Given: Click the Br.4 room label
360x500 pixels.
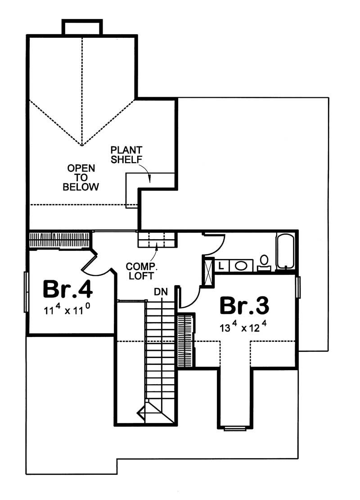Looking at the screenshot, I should pyautogui.click(x=67, y=290).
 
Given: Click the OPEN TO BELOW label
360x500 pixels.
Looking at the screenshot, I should pyautogui.click(x=81, y=177).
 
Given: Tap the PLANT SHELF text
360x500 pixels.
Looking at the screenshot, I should pyautogui.click(x=126, y=155).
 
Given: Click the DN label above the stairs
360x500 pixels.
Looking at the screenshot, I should pyautogui.click(x=161, y=292).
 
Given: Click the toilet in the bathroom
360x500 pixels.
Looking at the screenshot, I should pyautogui.click(x=264, y=263).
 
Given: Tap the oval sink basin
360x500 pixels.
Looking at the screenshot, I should pyautogui.click(x=241, y=266).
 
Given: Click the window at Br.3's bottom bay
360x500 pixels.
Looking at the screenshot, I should pyautogui.click(x=235, y=428).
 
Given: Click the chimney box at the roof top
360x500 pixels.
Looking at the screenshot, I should pyautogui.click(x=82, y=27).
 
